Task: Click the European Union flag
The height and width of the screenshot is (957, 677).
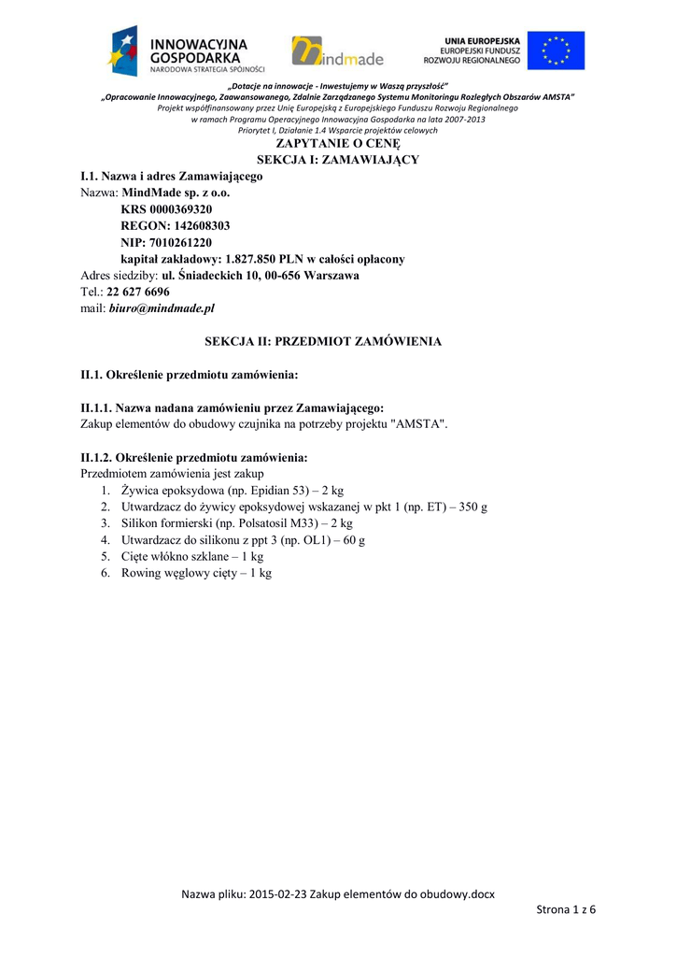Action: coord(556,50)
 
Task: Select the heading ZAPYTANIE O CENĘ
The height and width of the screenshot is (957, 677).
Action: coord(337,145)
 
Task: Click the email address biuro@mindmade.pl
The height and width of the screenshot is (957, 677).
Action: coord(162,307)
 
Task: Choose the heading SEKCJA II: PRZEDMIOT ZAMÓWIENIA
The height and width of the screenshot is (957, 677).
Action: coord(323,342)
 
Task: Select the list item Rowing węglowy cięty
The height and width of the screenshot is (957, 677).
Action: coord(196,573)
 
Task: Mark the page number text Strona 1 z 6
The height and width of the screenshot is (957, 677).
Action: coord(566,910)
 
